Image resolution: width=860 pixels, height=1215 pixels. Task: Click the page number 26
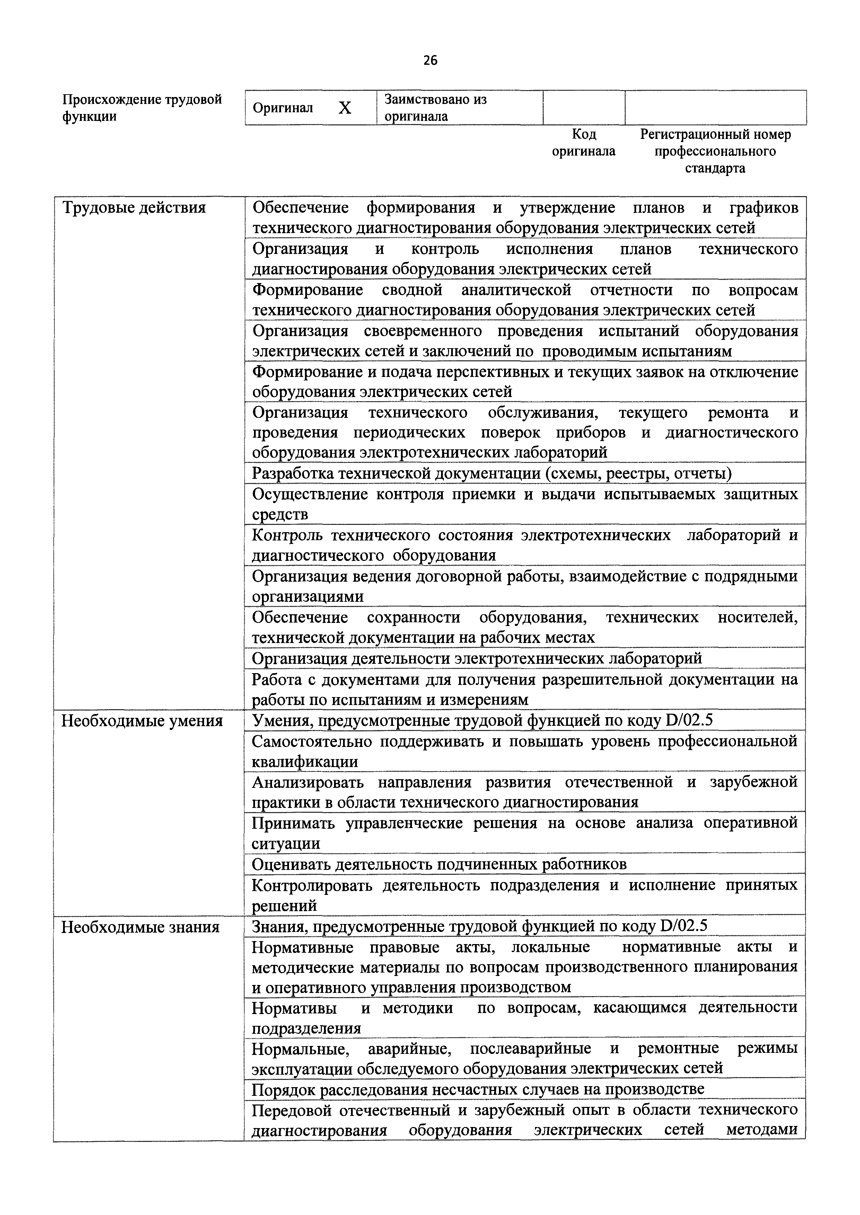click(x=430, y=60)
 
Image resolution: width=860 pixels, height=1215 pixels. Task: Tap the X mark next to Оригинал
click(x=345, y=108)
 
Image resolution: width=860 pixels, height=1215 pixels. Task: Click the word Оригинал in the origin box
click(x=283, y=108)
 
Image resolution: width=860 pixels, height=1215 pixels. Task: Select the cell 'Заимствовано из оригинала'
click(x=435, y=107)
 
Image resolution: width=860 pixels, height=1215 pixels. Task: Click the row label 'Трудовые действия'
click(x=134, y=208)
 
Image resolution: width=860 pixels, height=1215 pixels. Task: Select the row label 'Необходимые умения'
click(x=142, y=721)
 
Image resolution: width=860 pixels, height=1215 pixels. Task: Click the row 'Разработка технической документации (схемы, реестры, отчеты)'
click(x=491, y=473)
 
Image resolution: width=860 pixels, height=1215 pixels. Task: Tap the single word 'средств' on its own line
click(x=280, y=514)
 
